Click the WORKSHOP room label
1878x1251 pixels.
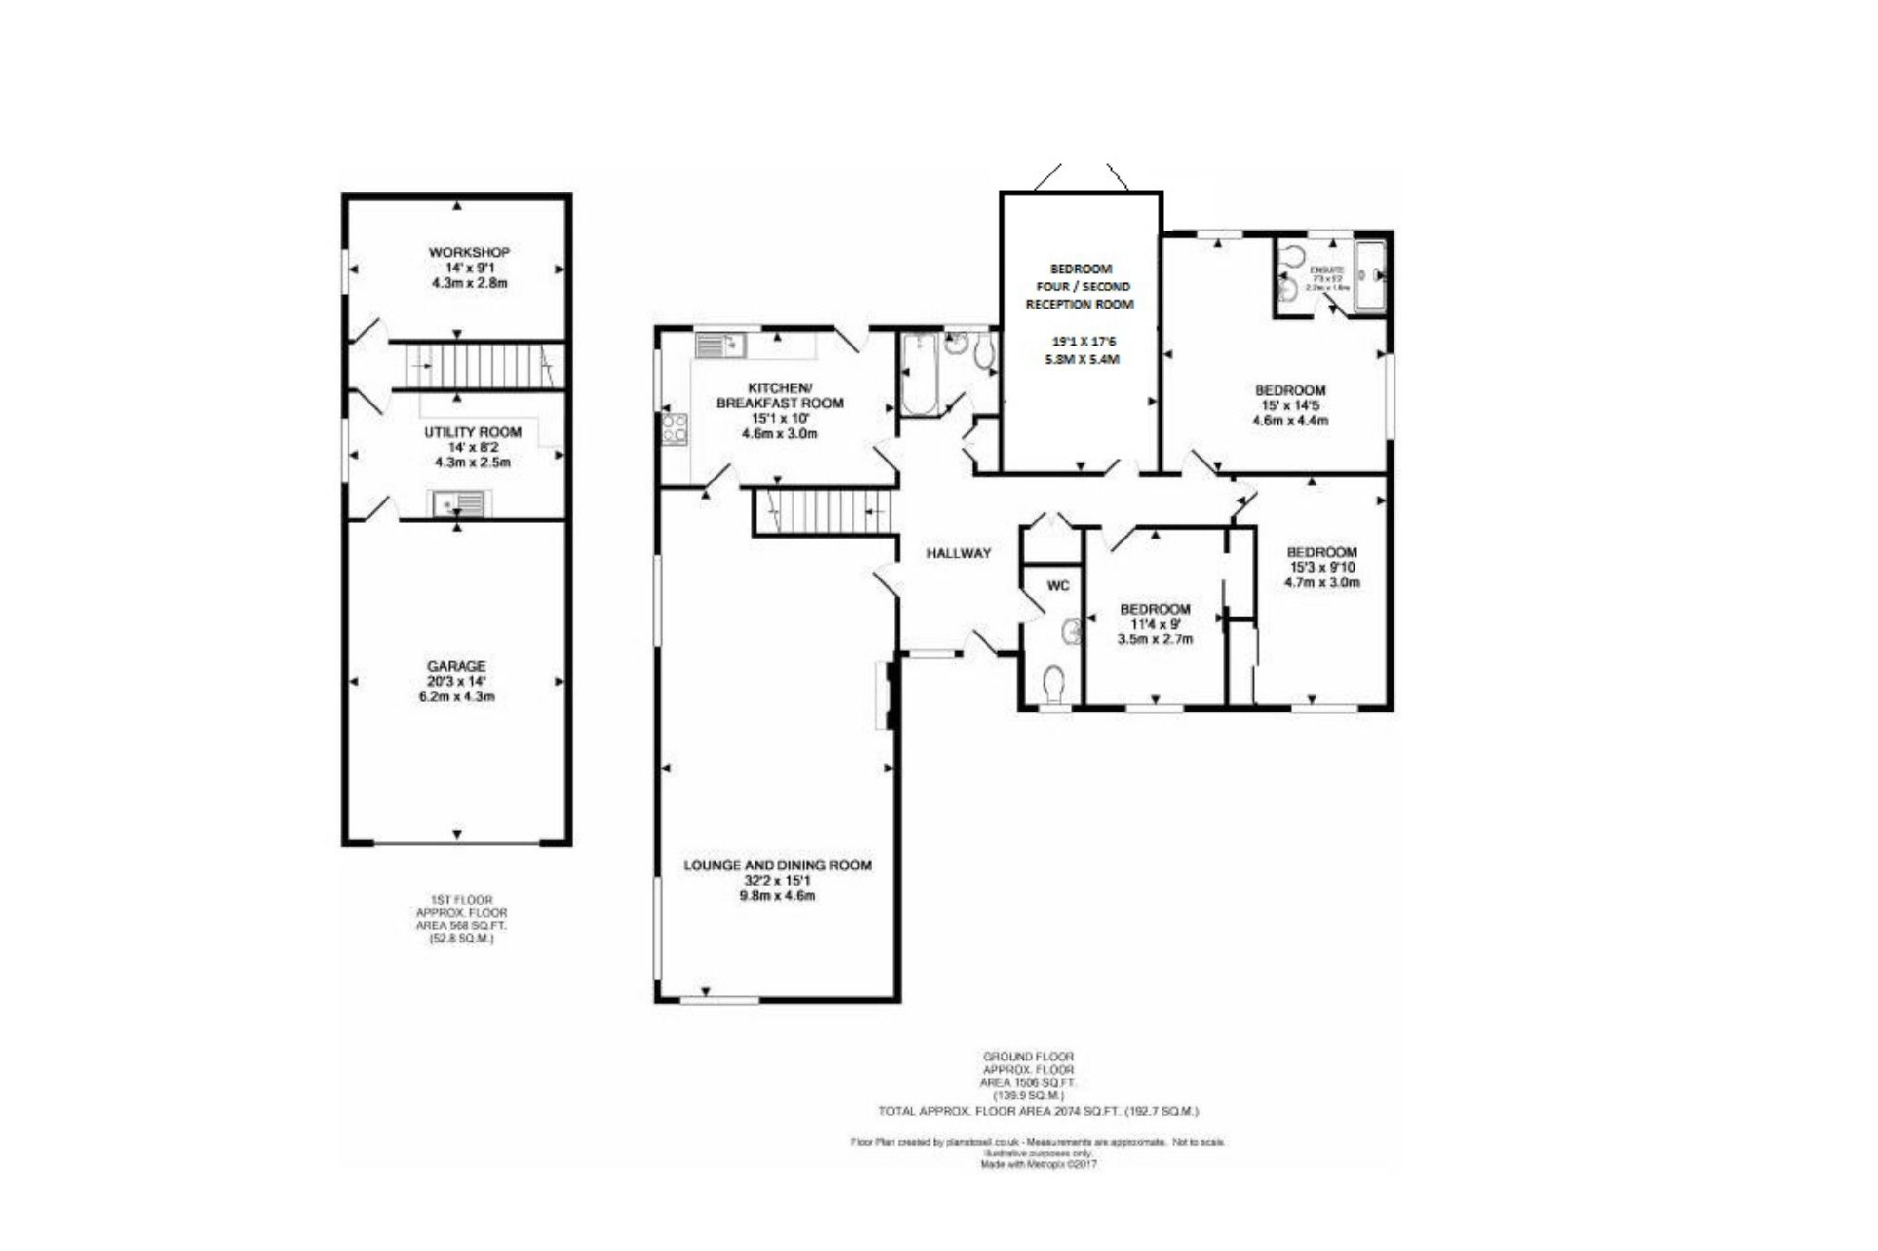click(469, 252)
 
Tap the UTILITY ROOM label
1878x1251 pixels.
click(473, 432)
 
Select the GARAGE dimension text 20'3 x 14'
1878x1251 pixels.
click(456, 682)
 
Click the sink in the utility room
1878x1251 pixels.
click(458, 504)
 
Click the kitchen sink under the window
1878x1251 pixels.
click(722, 346)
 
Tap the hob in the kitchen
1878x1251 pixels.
click(674, 429)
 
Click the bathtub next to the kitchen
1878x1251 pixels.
click(920, 376)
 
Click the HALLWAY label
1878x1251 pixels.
click(959, 554)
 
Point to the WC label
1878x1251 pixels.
click(1057, 585)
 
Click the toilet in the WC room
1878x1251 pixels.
click(1054, 684)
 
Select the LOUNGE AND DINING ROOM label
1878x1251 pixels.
click(777, 865)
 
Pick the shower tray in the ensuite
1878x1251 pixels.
click(1370, 275)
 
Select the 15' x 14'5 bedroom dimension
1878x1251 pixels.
click(1289, 405)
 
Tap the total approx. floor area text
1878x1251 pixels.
click(1039, 1111)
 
